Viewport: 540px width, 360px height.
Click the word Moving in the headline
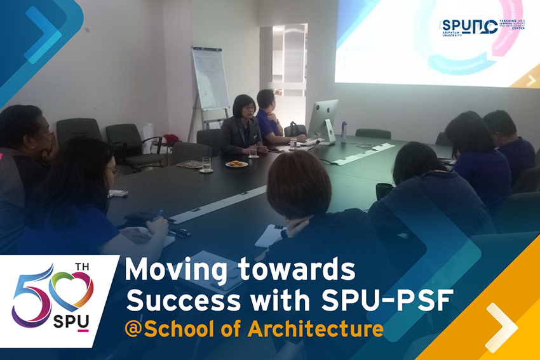167,271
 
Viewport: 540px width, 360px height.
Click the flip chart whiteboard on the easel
210,78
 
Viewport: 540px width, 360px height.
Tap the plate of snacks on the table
236,164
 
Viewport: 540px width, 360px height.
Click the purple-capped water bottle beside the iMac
344,131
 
